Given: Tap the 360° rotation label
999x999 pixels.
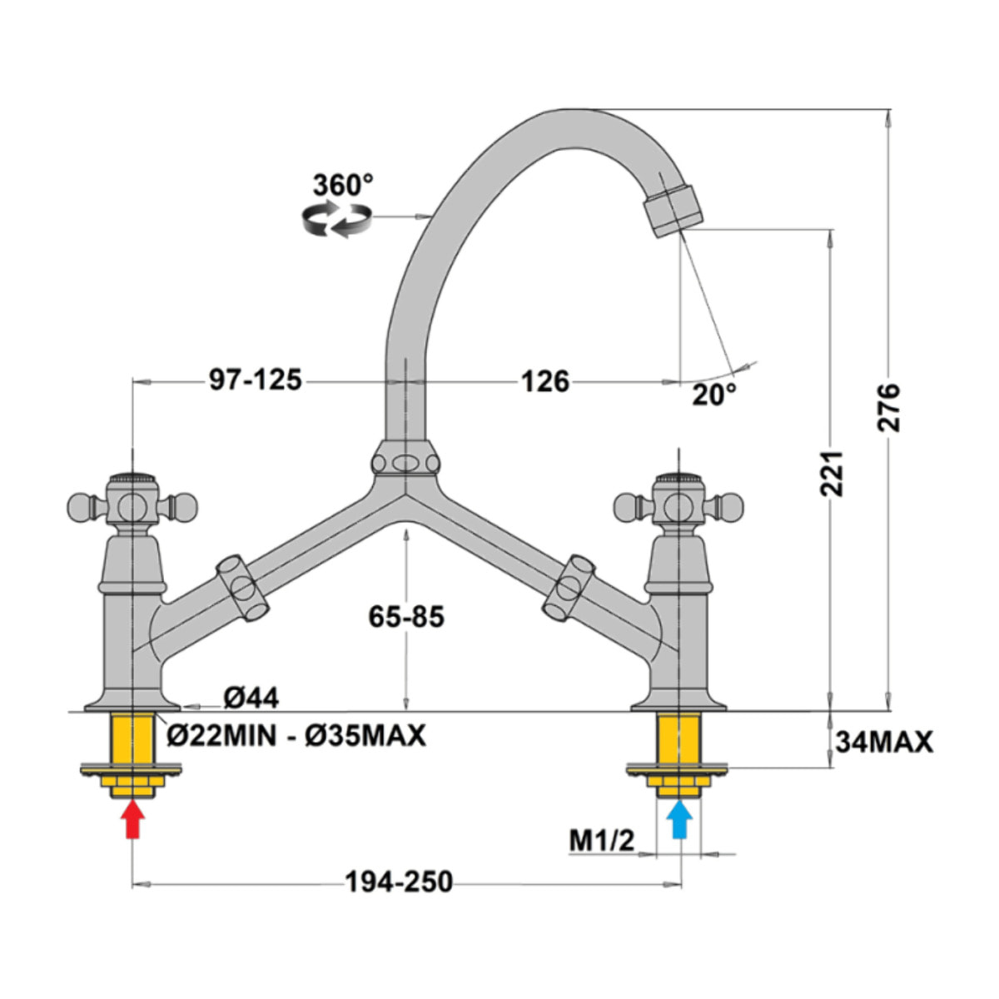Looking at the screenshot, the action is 343,185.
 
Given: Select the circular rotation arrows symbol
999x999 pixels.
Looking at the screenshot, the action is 337,221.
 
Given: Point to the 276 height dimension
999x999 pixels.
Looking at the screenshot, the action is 888,407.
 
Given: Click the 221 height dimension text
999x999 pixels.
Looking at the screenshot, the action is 832,474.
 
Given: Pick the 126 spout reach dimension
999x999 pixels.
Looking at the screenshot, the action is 545,382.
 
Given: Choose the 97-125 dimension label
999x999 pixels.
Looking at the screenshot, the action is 255,380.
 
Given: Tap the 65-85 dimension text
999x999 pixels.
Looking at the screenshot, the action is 406,617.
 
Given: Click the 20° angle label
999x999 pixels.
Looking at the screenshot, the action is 713,395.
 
